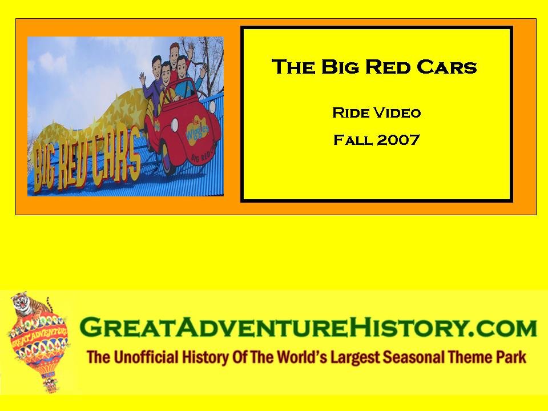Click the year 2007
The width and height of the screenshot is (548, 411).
click(398, 140)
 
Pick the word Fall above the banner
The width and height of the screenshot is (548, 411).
click(353, 140)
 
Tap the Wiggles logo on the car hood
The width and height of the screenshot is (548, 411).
click(197, 130)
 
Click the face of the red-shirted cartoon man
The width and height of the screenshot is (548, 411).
click(175, 53)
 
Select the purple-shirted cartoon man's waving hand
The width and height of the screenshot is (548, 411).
click(143, 78)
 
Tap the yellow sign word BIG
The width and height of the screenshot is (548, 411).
click(43, 168)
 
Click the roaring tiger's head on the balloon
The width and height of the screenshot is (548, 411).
click(21, 301)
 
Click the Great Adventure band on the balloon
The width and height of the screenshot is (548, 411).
click(38, 336)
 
